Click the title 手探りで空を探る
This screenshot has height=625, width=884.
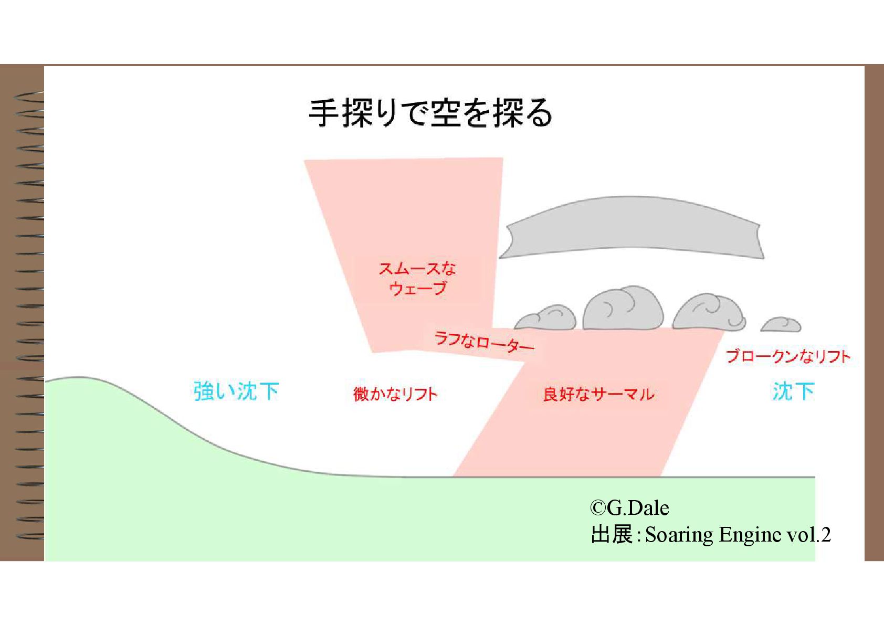pos(430,113)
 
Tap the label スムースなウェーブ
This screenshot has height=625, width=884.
pos(417,279)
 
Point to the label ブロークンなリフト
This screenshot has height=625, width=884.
pos(787,357)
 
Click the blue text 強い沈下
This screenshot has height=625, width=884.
pos(236,391)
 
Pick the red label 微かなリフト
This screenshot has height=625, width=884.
pos(395,394)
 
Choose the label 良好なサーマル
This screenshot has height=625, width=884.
pos(598,394)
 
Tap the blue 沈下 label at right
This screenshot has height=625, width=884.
pos(793,391)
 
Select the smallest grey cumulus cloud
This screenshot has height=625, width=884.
pos(781,325)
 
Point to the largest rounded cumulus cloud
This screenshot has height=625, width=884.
pos(623,309)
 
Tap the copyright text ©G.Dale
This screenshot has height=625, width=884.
pos(629,508)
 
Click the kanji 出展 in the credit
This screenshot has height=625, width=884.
pos(612,535)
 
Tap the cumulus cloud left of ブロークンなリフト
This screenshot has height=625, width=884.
pos(709,313)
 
